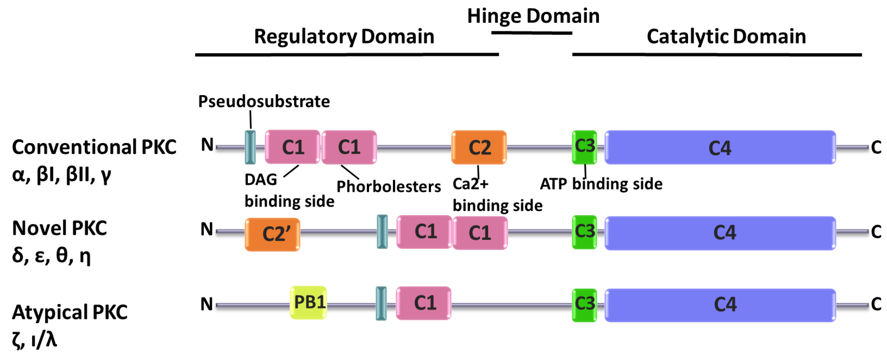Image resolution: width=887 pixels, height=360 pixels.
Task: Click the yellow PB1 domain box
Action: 308,302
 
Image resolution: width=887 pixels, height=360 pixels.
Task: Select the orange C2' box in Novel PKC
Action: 272,234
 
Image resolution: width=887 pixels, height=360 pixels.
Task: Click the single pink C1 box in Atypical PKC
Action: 423,303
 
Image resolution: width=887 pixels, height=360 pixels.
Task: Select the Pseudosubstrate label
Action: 264,101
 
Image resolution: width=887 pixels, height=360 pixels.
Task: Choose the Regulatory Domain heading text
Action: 344,36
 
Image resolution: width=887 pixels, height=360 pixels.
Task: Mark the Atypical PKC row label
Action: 70,312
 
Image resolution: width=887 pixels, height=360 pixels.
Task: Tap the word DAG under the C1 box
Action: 261,179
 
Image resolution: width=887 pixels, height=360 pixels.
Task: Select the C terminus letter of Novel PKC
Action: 876,232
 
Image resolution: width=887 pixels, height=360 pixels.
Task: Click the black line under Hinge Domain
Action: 532,33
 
